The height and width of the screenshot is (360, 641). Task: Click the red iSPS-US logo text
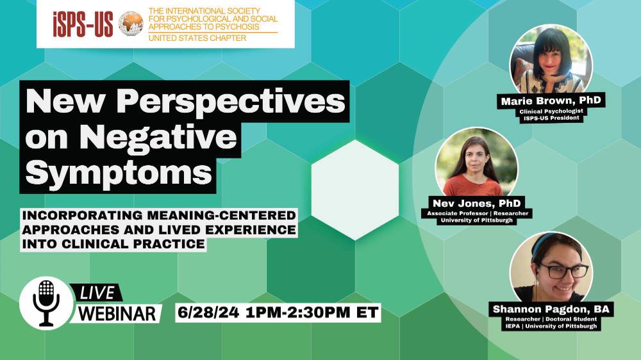[83, 24]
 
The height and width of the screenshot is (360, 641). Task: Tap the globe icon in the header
[131, 23]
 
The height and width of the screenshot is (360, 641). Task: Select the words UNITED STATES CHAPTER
[197, 38]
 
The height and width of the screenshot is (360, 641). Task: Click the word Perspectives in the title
[231, 102]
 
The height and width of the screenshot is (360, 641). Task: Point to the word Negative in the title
[158, 137]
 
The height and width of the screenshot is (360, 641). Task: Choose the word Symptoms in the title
[119, 172]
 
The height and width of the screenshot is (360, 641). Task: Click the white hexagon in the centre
[355, 190]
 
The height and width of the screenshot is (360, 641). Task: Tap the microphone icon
[46, 303]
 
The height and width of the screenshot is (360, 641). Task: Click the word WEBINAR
[117, 314]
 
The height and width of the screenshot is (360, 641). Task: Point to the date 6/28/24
[208, 313]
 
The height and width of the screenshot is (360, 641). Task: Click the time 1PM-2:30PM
[298, 313]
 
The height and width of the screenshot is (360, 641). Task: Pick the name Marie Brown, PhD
[551, 101]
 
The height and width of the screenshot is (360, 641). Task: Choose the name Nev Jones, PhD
[477, 203]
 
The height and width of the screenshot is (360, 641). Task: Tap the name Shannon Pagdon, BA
[551, 309]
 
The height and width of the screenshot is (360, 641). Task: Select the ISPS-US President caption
[551, 118]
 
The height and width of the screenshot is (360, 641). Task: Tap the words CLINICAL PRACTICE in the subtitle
[133, 244]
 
